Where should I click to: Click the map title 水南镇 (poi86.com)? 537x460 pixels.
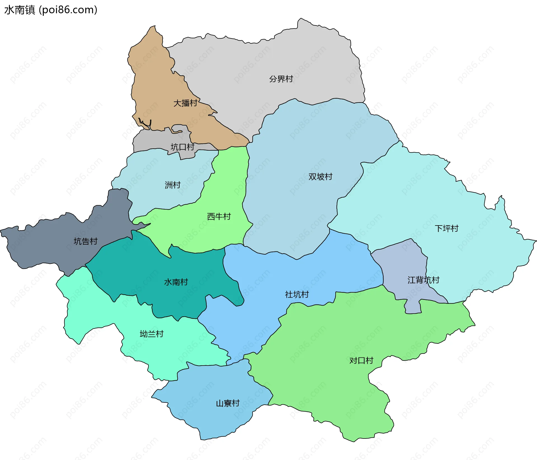51,10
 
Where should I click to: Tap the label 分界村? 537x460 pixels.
281,79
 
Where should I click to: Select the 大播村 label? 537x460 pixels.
185,103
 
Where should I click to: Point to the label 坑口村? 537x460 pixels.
182,147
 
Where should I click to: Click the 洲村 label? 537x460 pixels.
173,185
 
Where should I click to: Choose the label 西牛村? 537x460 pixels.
219,217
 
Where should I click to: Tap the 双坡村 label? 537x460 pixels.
320,177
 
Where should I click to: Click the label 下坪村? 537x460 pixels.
446,229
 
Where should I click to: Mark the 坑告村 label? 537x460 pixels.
85,241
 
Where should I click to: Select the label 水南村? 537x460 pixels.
176,282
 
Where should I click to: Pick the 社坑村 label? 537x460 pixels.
297,295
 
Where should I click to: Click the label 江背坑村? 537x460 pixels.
423,280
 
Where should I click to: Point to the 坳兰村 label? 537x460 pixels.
151,334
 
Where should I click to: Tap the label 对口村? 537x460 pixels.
361,361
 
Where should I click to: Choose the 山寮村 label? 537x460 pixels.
228,403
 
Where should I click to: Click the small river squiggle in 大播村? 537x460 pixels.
145,123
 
